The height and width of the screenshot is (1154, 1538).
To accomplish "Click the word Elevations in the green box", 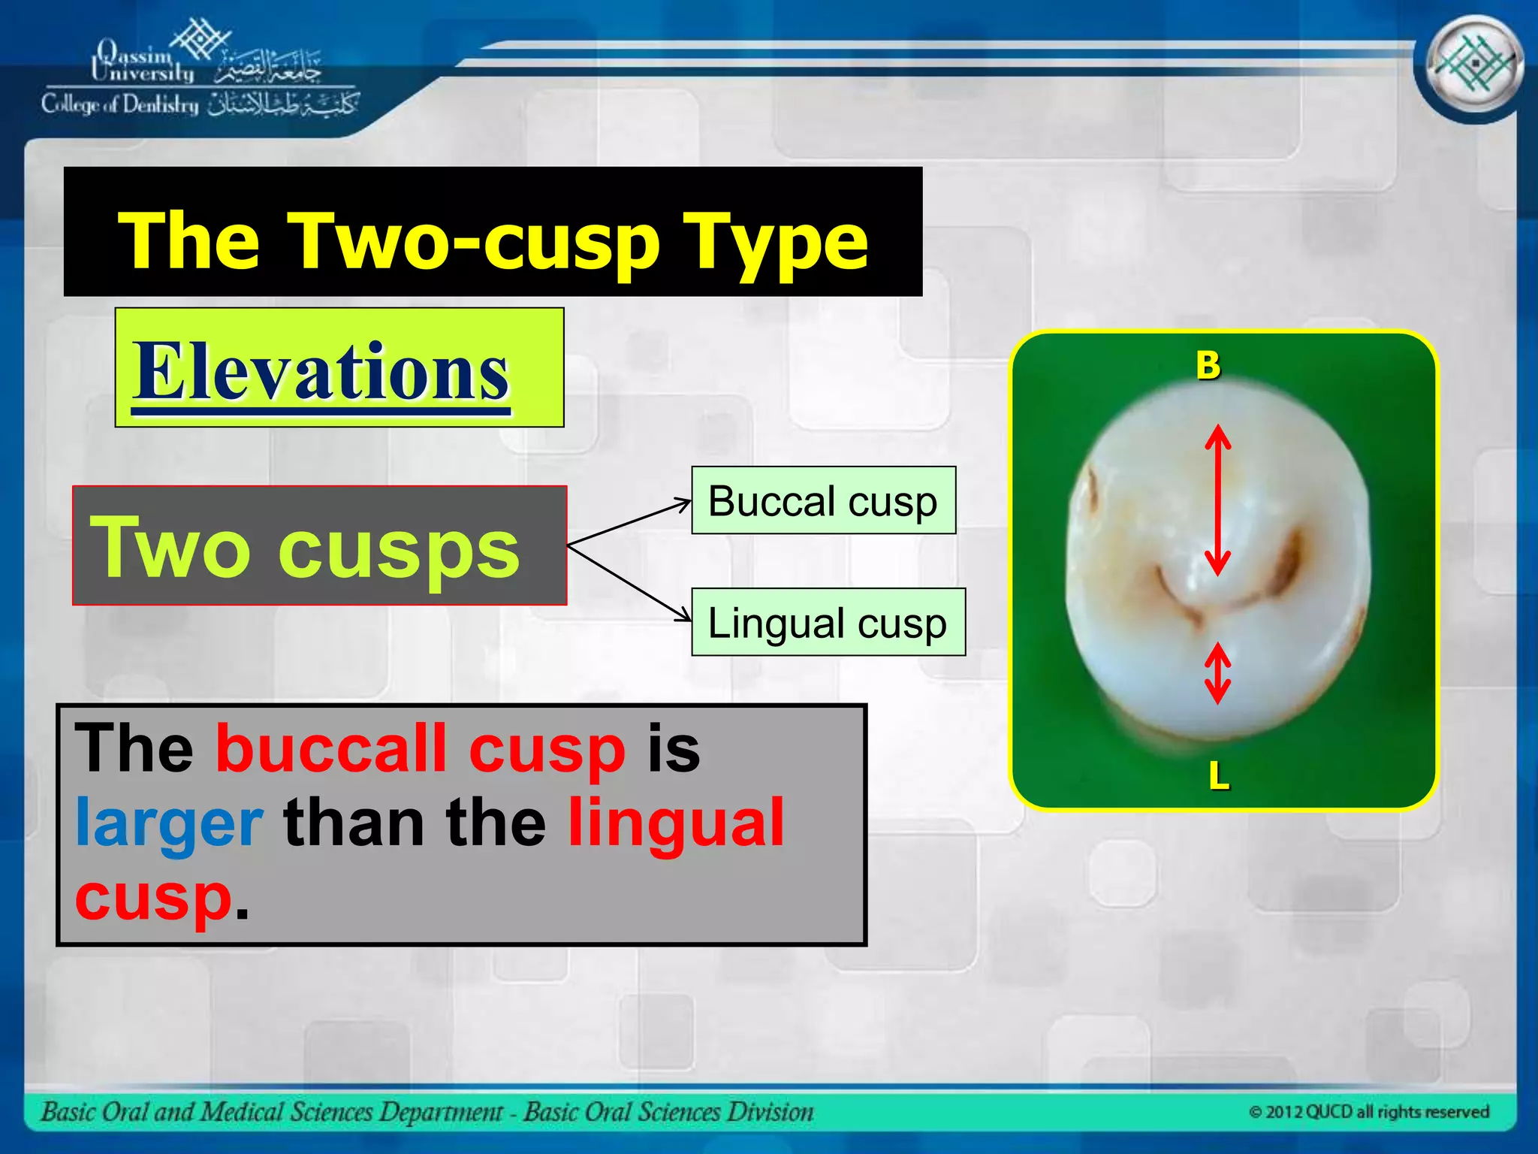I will tap(321, 371).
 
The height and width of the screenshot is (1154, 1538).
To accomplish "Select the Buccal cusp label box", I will tap(823, 501).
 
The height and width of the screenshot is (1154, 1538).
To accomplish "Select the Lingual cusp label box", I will tap(828, 623).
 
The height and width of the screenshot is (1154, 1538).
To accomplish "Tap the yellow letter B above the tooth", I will tap(1208, 366).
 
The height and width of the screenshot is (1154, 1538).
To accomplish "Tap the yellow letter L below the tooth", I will tap(1218, 775).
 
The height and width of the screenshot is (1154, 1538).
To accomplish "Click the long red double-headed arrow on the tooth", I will tap(1217, 500).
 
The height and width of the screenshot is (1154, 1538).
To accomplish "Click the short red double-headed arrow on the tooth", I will tap(1217, 672).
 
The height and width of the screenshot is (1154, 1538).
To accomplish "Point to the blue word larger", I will tap(170, 823).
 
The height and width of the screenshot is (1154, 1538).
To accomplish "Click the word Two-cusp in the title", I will tap(473, 240).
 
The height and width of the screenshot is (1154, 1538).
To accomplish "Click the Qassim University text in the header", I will tap(143, 62).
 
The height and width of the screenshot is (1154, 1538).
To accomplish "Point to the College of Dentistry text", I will tap(120, 104).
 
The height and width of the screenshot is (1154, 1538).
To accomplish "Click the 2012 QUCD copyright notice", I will tap(1368, 1111).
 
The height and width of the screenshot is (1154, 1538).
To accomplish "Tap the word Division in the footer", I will tap(769, 1111).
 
